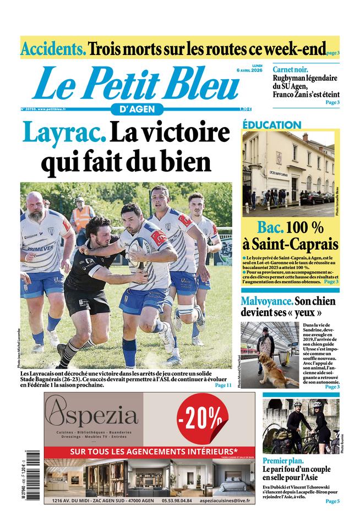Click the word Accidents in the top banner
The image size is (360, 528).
click(x=53, y=48)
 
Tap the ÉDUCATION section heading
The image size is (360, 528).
click(x=272, y=125)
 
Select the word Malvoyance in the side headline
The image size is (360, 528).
click(x=267, y=301)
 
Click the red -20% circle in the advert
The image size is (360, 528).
click(x=203, y=421)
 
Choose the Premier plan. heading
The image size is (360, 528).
click(x=283, y=461)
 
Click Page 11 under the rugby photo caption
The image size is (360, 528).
click(x=222, y=386)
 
